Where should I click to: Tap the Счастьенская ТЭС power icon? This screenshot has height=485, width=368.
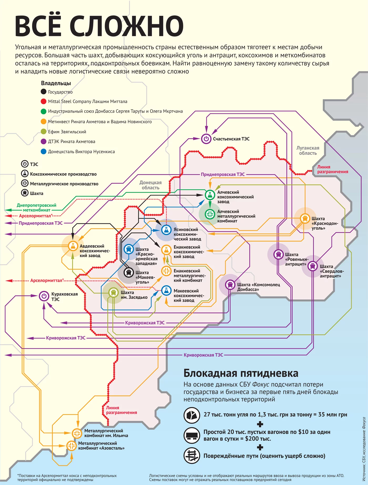[206, 138]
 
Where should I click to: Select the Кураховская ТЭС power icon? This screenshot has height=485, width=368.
[44, 296]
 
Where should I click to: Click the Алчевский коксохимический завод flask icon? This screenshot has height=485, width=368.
[210, 195]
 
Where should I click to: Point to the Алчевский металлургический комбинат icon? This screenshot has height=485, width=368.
[210, 214]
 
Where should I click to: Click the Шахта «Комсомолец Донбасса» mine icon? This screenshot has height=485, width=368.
[230, 284]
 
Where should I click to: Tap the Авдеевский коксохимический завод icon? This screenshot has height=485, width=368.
[73, 246]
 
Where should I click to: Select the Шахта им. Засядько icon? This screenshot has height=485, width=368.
[113, 292]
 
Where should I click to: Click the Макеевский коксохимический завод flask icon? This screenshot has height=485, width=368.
[166, 290]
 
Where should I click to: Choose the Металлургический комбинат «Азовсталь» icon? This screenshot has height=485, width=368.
[71, 446]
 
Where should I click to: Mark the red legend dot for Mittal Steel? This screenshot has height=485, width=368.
[44, 101]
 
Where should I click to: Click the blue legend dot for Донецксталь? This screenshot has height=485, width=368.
[44, 151]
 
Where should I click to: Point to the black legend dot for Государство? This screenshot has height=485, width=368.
[44, 92]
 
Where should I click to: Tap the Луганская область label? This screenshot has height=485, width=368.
[308, 150]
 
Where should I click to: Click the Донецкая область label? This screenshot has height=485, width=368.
[150, 185]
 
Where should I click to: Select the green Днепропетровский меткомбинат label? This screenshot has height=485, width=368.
[37, 207]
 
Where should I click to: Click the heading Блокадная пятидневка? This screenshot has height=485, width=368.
[241, 373]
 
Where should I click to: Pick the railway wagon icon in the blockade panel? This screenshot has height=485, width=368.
[192, 435]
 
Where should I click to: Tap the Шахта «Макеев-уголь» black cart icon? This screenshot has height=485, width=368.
[129, 272]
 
